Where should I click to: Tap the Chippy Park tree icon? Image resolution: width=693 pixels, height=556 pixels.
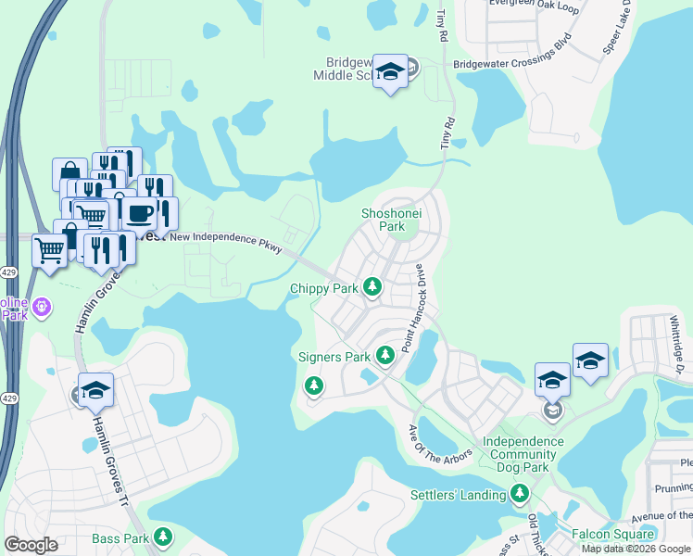click(x=372, y=287)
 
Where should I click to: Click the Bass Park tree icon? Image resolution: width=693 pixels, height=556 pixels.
click(x=163, y=537)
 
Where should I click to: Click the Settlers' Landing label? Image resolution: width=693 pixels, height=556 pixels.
click(x=458, y=495)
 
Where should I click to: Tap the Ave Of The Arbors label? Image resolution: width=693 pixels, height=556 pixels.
click(x=441, y=445)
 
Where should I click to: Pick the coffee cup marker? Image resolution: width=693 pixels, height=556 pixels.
click(x=140, y=214)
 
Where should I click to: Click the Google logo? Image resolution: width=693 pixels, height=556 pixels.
click(x=31, y=545)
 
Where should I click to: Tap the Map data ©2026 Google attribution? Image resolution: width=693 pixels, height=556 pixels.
click(x=636, y=549)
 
